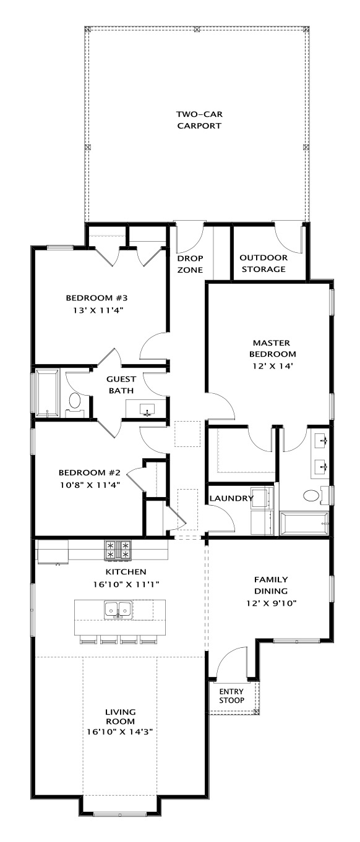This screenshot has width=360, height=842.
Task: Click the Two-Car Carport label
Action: pyautogui.click(x=199, y=120)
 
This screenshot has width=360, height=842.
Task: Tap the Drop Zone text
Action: pyautogui.click(x=190, y=264)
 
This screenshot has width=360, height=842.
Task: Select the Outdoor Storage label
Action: pyautogui.click(x=264, y=263)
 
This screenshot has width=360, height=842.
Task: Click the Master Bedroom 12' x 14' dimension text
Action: pyautogui.click(x=273, y=366)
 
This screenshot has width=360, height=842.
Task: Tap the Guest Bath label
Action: pyautogui.click(x=121, y=385)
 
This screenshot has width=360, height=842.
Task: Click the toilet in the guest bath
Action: pyautogui.click(x=75, y=404)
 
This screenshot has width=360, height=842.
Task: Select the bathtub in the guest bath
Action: pyautogui.click(x=48, y=393)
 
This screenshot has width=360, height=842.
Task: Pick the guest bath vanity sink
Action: pyautogui.click(x=147, y=409)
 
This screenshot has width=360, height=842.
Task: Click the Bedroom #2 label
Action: pyautogui.click(x=90, y=472)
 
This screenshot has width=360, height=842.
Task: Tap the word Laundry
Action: pyautogui.click(x=231, y=498)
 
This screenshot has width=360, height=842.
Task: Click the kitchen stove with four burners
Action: pyautogui.click(x=118, y=551)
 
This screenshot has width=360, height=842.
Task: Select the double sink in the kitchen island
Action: pyautogui.click(x=118, y=609)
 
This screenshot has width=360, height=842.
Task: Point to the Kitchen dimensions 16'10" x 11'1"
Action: pyautogui.click(x=126, y=584)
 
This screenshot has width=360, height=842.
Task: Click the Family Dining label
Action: pyautogui.click(x=271, y=585)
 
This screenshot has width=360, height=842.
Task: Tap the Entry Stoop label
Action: pyautogui.click(x=232, y=695)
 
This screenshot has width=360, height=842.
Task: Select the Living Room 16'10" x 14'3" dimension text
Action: pyautogui.click(x=119, y=732)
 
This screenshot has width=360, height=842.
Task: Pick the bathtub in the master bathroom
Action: pyautogui.click(x=304, y=523)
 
